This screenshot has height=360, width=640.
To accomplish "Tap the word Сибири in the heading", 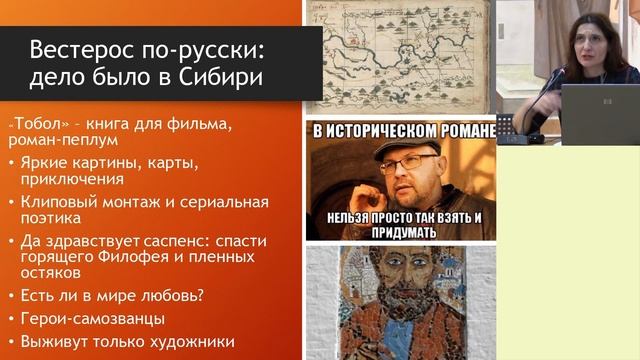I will tap(212, 78).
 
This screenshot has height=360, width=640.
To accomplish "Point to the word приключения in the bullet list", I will tap(75, 180).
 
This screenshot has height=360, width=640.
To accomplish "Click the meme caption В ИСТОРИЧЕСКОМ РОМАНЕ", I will tap(400, 130).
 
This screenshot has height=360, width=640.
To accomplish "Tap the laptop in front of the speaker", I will tap(598, 112).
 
